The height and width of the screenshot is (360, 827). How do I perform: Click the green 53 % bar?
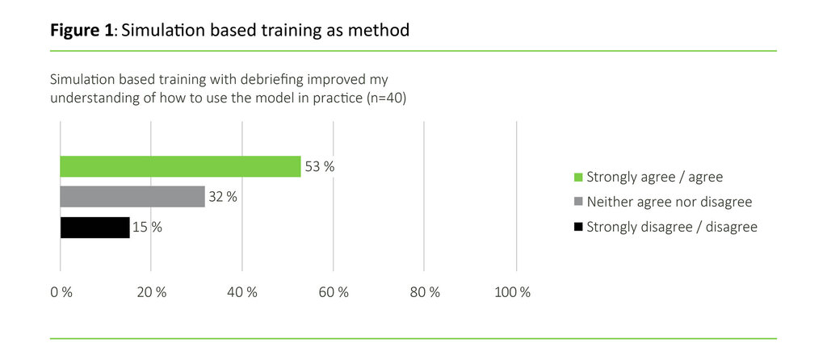180,166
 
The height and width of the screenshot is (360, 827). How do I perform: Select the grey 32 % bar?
132,197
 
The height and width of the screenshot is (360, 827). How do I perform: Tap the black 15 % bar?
94,228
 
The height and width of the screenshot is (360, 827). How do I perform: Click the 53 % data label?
319,167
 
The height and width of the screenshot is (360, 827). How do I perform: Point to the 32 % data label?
223,197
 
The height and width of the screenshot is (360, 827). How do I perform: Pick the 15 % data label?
147,228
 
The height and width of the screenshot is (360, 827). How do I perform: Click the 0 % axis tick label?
61,292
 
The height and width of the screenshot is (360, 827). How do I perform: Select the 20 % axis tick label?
152,292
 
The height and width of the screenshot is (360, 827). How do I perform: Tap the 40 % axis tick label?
243,292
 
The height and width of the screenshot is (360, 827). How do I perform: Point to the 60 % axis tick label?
334,292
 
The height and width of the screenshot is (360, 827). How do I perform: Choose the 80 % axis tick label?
426,292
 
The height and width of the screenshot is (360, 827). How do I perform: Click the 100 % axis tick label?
513,292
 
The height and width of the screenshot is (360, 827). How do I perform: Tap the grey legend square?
577,202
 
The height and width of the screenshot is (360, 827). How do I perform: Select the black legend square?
577,227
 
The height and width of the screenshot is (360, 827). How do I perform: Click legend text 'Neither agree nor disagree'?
669,202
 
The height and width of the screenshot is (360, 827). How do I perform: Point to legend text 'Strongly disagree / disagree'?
672,227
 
